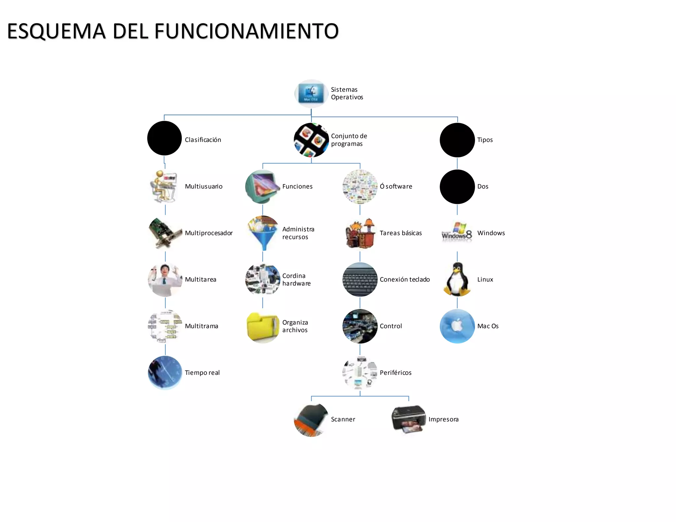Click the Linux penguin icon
[457, 279]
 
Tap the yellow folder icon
[263, 327]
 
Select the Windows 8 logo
[457, 233]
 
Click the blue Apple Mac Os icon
[457, 326]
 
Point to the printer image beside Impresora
[408, 419]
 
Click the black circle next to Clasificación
[164, 138]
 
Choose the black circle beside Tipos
[457, 140]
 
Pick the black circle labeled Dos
[457, 187]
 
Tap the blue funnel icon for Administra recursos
[263, 233]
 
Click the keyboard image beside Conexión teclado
[360, 279]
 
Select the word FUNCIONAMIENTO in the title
[246, 31]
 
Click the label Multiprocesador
[209, 233]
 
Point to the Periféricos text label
[395, 373]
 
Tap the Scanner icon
[311, 419]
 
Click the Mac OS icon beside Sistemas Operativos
[311, 93]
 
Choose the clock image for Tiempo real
[165, 373]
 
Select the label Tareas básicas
[400, 233]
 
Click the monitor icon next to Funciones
[263, 186]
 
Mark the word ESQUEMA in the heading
[56, 31]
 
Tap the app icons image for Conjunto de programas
[311, 140]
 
